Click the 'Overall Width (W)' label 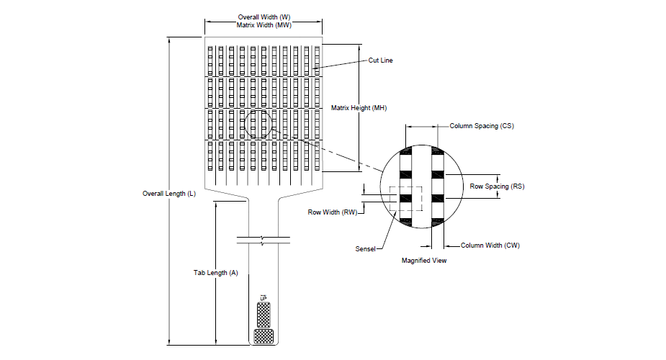[x=264, y=17]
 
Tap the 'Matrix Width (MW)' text [x=264, y=25]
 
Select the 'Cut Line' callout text [x=380, y=60]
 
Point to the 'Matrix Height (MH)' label [x=359, y=108]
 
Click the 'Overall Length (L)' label [x=169, y=194]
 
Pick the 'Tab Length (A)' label [x=216, y=273]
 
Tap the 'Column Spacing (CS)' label [x=482, y=126]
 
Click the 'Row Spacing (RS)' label [x=497, y=186]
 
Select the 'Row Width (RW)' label [x=333, y=212]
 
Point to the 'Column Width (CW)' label [x=490, y=246]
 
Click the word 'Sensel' [x=365, y=249]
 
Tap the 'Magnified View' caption [x=424, y=260]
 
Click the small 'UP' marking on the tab [x=264, y=298]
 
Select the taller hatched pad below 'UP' [x=264, y=315]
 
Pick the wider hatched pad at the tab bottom [x=264, y=336]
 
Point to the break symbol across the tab [x=264, y=240]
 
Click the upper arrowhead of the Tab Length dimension [x=216, y=204]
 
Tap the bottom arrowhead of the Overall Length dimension [x=169, y=341]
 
